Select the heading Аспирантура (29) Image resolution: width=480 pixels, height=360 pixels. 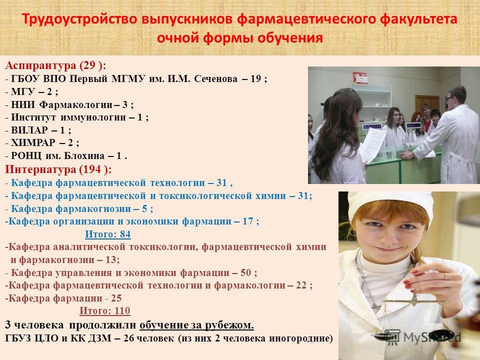[x=55, y=65]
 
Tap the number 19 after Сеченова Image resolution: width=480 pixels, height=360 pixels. [x=255, y=79]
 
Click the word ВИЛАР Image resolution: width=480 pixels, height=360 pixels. [x=29, y=130]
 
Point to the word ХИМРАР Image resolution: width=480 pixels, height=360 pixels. [x=33, y=143]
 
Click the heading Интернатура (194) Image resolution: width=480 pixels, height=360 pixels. [x=58, y=169]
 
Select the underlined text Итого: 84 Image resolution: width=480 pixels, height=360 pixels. [x=108, y=234]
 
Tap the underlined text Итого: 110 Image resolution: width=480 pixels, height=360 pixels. [x=104, y=310]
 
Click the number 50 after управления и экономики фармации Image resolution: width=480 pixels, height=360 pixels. [x=246, y=272]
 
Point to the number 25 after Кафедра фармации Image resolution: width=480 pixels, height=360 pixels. [x=116, y=298]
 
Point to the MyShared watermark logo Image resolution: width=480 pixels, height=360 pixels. [x=422, y=336]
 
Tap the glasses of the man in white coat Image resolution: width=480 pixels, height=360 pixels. [x=449, y=98]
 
